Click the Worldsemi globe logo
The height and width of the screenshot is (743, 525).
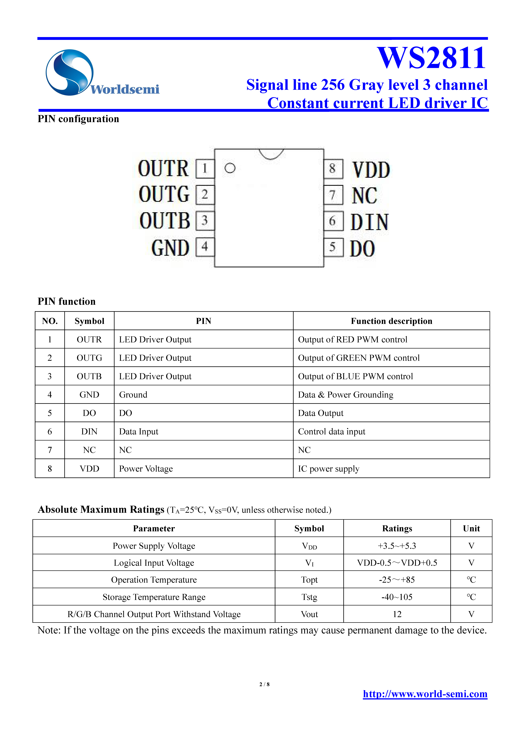pyautogui.click(x=69, y=72)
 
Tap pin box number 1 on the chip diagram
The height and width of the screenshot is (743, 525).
pyautogui.click(x=205, y=169)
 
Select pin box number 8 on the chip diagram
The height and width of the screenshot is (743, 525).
pyautogui.click(x=333, y=169)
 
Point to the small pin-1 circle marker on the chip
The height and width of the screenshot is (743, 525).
pyautogui.click(x=230, y=168)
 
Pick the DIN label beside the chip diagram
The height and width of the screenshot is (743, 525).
pyautogui.click(x=369, y=222)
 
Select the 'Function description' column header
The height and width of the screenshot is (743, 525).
pyautogui.click(x=391, y=321)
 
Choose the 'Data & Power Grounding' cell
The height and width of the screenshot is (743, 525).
pyautogui.click(x=345, y=395)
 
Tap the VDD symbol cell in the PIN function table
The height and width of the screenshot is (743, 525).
pyautogui.click(x=89, y=469)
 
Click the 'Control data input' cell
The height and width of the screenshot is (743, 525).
pyautogui.click(x=332, y=432)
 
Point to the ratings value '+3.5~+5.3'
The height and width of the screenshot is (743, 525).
pyautogui.click(x=397, y=546)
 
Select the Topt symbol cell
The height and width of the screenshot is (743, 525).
pyautogui.click(x=309, y=580)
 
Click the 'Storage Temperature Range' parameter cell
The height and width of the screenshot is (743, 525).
pyautogui.click(x=154, y=597)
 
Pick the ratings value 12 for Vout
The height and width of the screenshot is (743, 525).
pyautogui.click(x=397, y=614)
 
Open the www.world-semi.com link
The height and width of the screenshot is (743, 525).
pyautogui.click(x=425, y=694)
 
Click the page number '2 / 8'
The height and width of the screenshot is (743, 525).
pyautogui.click(x=264, y=684)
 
